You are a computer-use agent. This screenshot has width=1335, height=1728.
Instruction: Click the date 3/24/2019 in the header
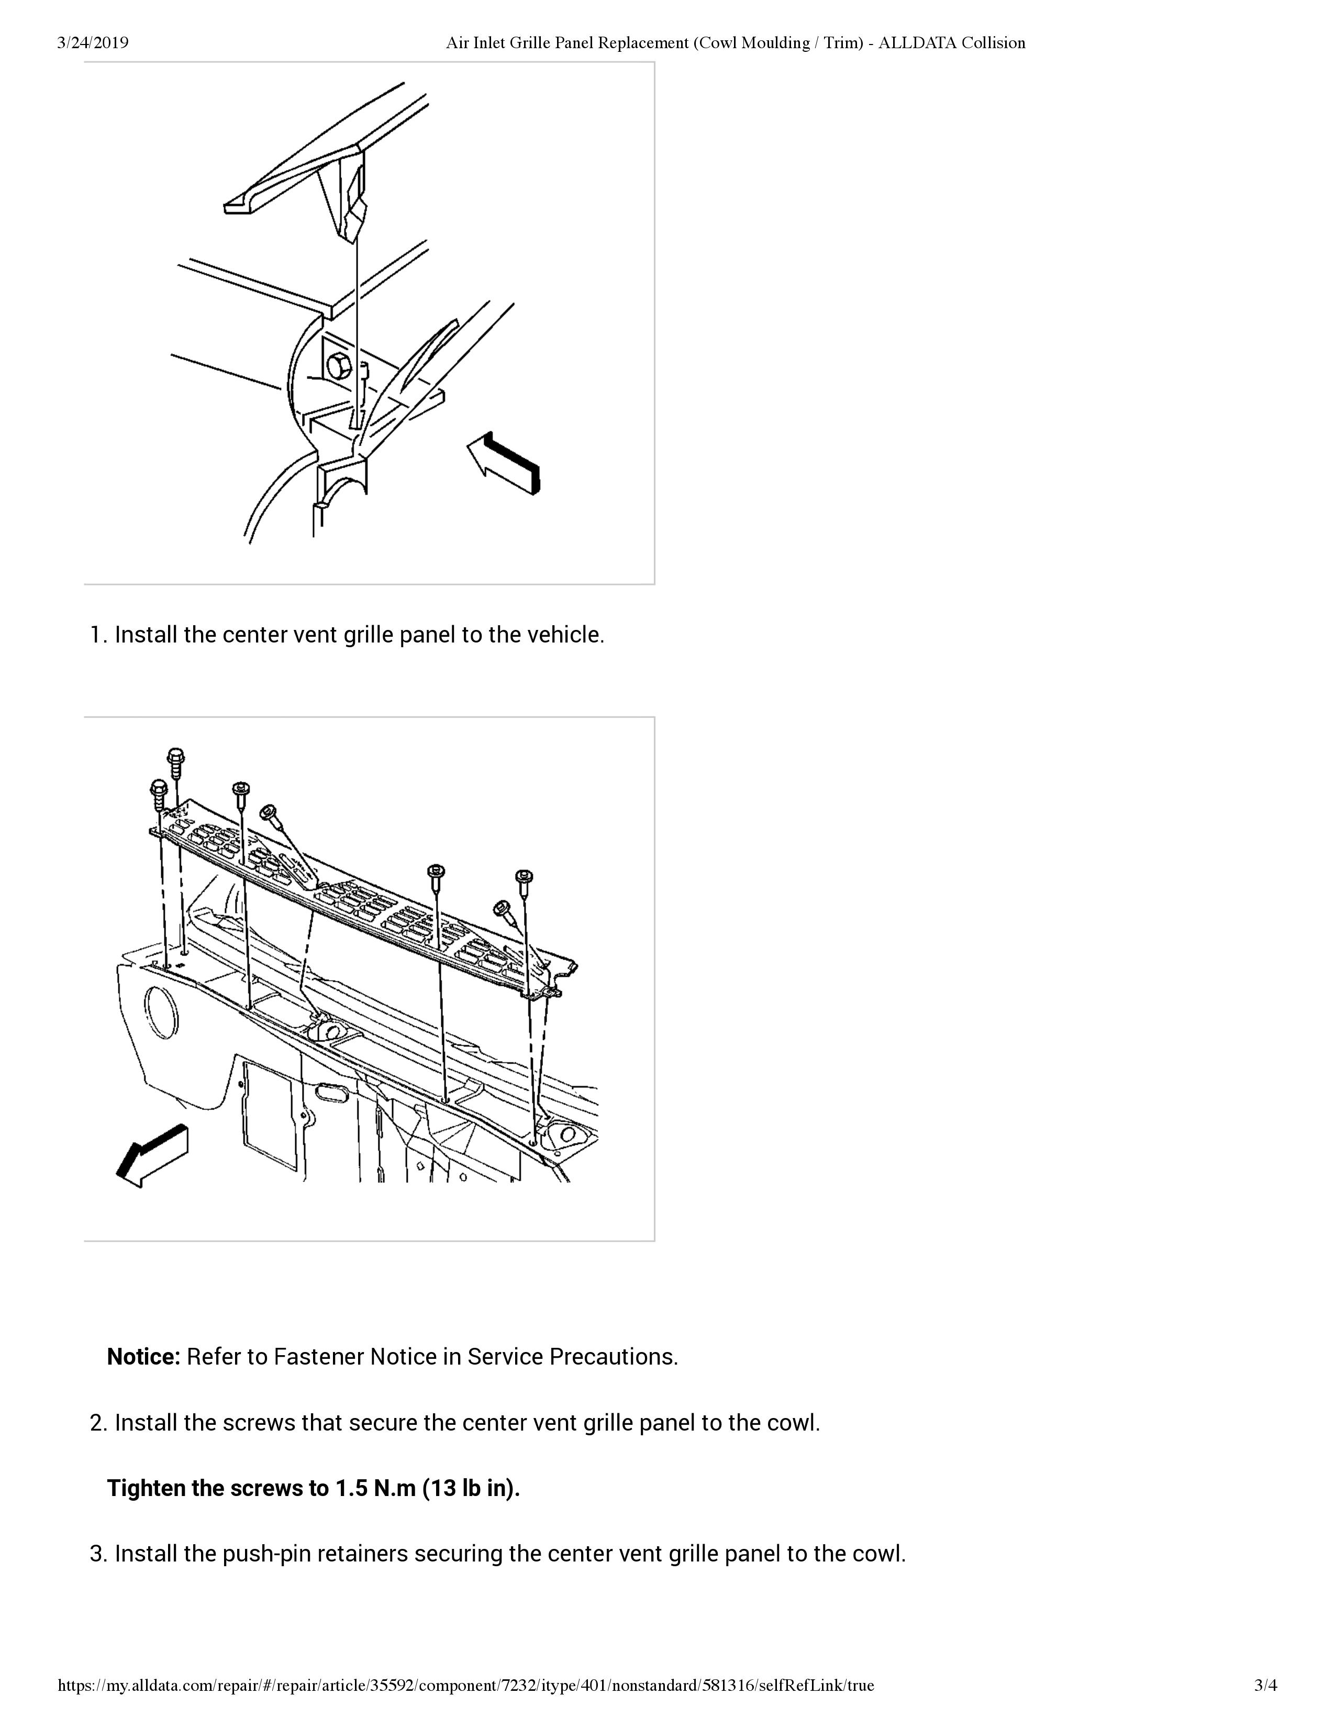click(x=93, y=43)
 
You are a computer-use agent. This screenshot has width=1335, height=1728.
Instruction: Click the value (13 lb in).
click(x=471, y=1488)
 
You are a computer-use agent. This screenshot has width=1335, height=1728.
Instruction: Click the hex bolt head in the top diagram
click(x=339, y=367)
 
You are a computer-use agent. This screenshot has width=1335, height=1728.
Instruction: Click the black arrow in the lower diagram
click(x=153, y=1155)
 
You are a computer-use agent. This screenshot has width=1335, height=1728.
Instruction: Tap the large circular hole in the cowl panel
click(x=163, y=1012)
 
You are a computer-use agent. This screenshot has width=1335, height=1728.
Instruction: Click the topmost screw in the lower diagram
click(x=175, y=757)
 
